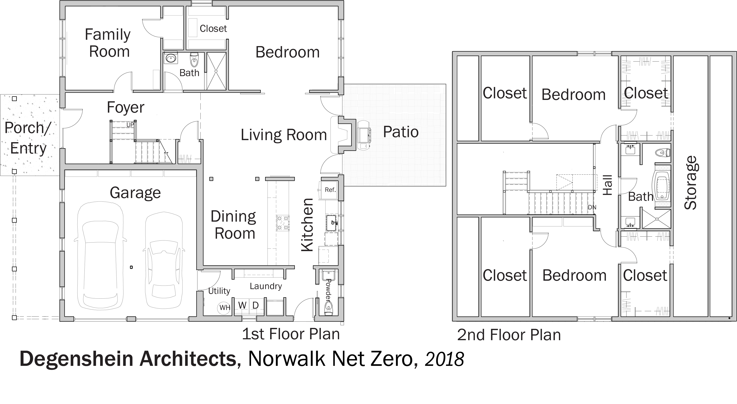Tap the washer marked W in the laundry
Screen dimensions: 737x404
coord(242,306)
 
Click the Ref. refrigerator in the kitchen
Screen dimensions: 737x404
coord(330,190)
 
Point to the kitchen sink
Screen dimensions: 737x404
coord(331,223)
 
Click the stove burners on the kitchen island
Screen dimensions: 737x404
coord(283,223)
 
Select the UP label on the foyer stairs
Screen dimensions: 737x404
coord(130,125)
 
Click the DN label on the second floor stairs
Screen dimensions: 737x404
coord(592,207)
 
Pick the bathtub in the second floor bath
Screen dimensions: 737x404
coord(661,186)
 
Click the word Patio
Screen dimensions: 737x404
coord(401,132)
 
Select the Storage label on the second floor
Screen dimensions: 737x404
coord(691,183)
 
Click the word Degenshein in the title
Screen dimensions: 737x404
coord(76,359)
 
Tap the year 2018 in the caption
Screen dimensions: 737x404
coord(444,359)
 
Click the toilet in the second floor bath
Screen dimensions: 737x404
coord(663,152)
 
